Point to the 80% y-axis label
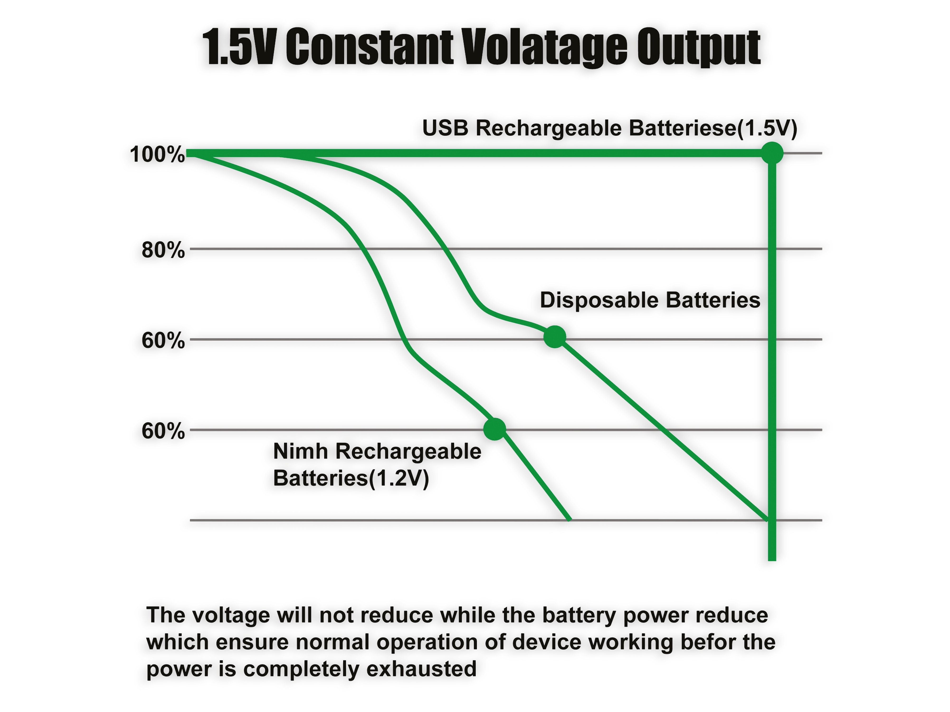163,250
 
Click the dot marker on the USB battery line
772,153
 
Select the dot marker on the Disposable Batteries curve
555,337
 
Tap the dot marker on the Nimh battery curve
495,429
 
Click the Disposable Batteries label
650,300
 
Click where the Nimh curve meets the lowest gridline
570,520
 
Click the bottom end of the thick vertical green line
772,560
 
